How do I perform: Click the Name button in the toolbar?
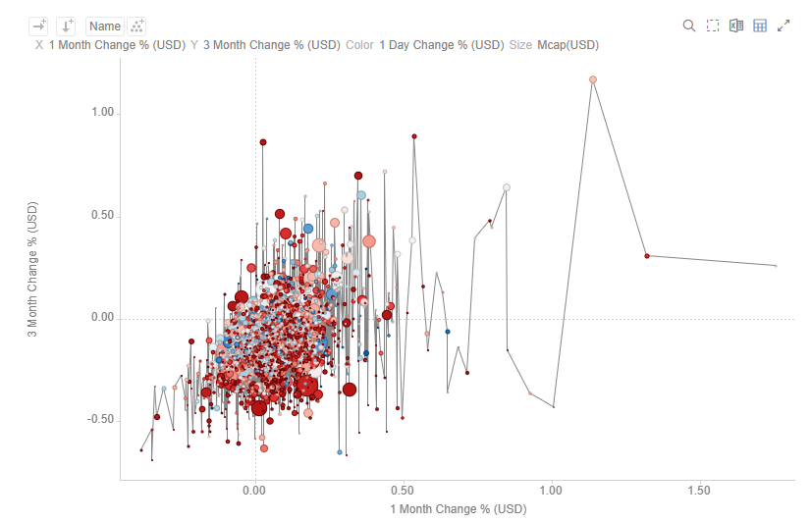pos(104,26)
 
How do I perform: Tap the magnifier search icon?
pos(689,26)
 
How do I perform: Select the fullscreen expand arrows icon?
pos(784,26)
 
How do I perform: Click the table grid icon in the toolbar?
pos(760,26)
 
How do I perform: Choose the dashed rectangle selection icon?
pos(713,26)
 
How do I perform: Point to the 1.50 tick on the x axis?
pos(699,490)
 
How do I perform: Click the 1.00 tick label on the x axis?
pos(551,490)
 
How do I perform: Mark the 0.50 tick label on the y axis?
pos(101,216)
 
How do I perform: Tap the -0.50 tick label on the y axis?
pos(99,420)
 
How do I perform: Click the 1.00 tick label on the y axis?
pos(101,113)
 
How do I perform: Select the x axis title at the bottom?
pos(458,509)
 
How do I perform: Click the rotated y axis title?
pos(32,270)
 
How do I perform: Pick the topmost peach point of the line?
pos(593,79)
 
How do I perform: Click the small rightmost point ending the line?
pos(776,266)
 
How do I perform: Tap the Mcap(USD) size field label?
pos(568,45)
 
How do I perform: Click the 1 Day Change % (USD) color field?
pos(441,45)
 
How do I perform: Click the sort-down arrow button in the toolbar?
pos(66,26)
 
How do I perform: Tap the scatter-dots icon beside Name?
pos(138,26)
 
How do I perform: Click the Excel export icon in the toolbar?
pos(736,26)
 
